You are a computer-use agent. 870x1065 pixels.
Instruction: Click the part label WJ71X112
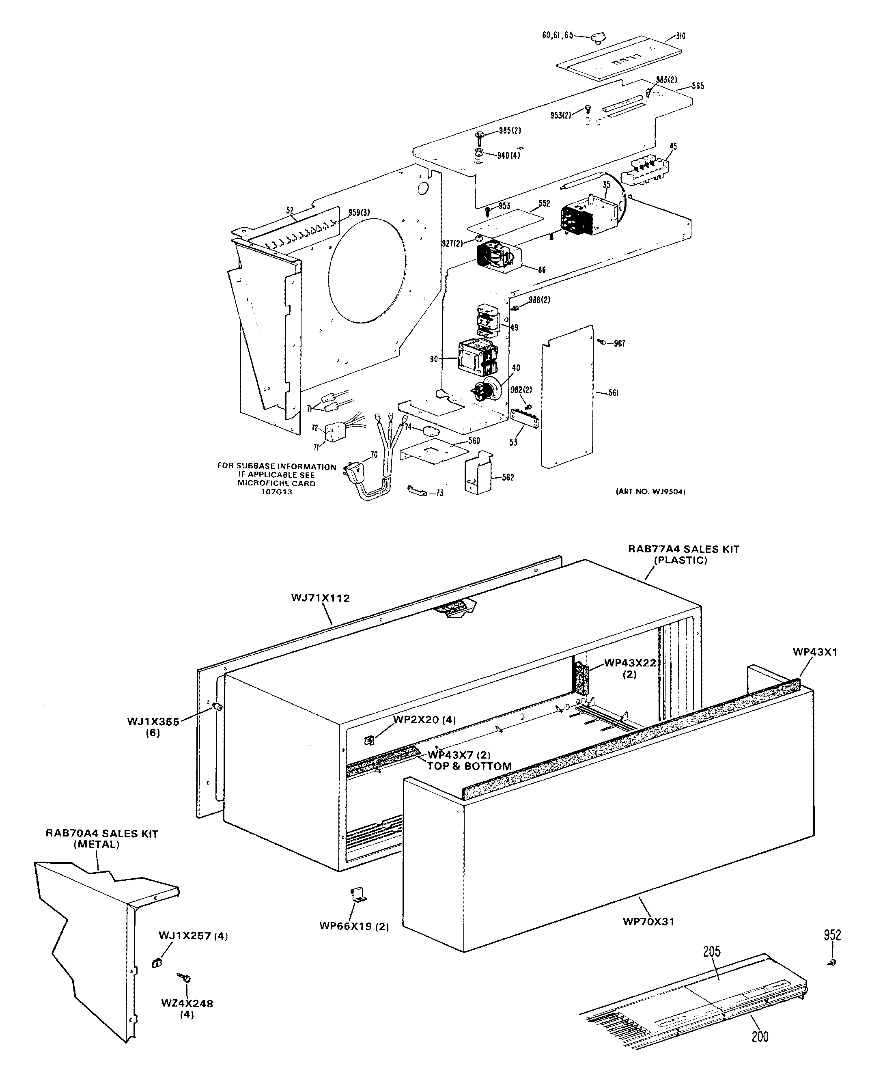320,598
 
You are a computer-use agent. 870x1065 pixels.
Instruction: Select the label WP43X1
815,652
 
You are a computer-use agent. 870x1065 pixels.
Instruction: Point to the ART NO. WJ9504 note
650,492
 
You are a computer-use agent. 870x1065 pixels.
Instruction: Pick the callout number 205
712,951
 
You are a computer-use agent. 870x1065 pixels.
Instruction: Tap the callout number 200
760,1036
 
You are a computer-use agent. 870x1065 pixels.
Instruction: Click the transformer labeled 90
476,357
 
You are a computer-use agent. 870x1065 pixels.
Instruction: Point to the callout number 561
614,393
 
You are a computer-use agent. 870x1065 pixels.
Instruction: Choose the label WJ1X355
153,722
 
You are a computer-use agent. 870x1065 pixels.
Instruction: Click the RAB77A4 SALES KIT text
684,549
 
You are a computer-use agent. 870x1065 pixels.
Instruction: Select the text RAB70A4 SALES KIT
102,834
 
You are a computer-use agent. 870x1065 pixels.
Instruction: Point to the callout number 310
680,36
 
